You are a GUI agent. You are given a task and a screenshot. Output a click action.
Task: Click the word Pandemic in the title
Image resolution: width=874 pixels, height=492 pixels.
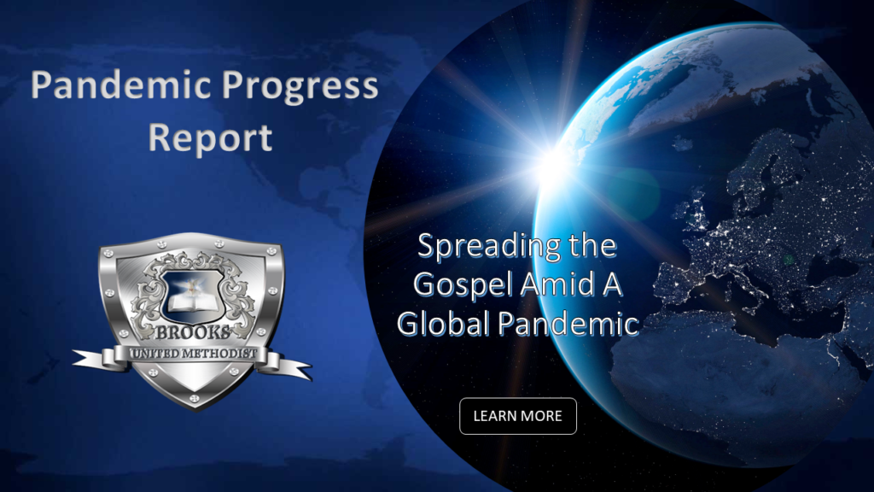pos(121,85)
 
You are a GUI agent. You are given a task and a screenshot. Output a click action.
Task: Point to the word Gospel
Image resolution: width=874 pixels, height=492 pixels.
pos(463,285)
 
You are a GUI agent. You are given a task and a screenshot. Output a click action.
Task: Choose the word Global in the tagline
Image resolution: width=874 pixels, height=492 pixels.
pos(444,323)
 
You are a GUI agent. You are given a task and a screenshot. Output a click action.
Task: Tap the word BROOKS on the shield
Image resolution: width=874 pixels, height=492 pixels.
pos(192,333)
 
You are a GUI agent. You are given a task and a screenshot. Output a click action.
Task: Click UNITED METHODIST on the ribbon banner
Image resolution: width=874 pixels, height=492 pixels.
pos(194,353)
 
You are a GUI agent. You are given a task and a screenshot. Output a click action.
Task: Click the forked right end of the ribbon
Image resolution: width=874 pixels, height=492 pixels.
pos(304,370)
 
